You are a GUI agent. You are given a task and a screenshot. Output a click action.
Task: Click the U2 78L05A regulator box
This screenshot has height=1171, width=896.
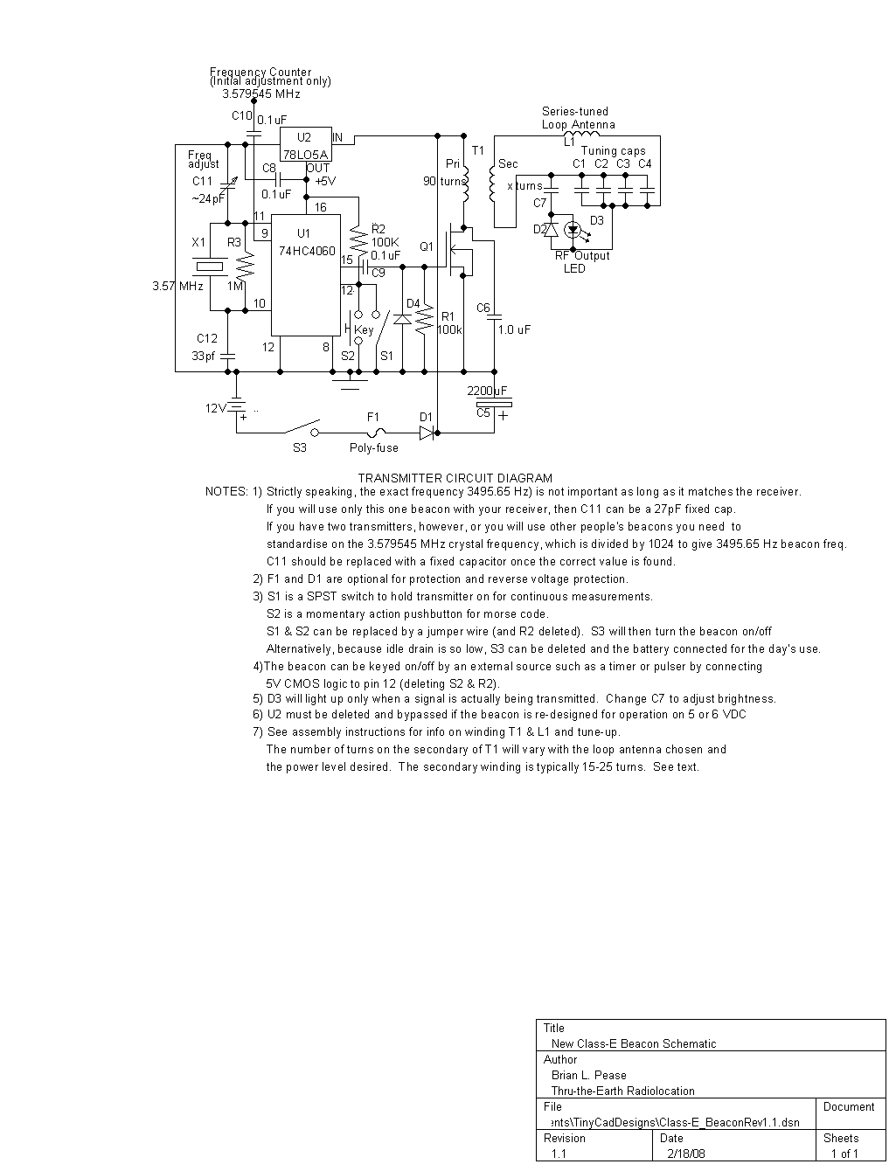click(305, 142)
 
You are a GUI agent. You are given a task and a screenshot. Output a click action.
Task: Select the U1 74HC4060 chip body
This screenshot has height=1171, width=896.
click(305, 275)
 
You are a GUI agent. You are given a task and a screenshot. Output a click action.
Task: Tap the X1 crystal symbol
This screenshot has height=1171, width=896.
click(210, 267)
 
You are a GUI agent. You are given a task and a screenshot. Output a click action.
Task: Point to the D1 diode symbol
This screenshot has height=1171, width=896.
click(427, 432)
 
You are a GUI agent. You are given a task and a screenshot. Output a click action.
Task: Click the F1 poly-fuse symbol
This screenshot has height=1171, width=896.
click(374, 432)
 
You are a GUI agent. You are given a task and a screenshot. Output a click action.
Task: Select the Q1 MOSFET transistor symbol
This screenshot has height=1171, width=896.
click(456, 251)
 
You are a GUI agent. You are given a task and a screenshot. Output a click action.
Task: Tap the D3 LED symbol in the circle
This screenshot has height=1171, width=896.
click(573, 230)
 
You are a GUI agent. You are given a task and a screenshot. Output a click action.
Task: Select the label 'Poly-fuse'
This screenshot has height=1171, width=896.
click(373, 448)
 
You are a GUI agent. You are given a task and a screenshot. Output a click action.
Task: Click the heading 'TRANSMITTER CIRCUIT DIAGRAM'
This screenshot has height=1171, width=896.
click(455, 478)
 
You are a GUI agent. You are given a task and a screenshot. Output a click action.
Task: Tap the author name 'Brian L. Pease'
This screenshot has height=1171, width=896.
click(588, 1075)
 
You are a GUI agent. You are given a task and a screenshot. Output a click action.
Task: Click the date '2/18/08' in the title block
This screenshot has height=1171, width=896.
click(684, 1154)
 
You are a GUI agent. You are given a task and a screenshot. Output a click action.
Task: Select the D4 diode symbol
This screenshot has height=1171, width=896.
click(402, 319)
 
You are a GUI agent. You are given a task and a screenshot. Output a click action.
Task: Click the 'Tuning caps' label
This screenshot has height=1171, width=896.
click(613, 151)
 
